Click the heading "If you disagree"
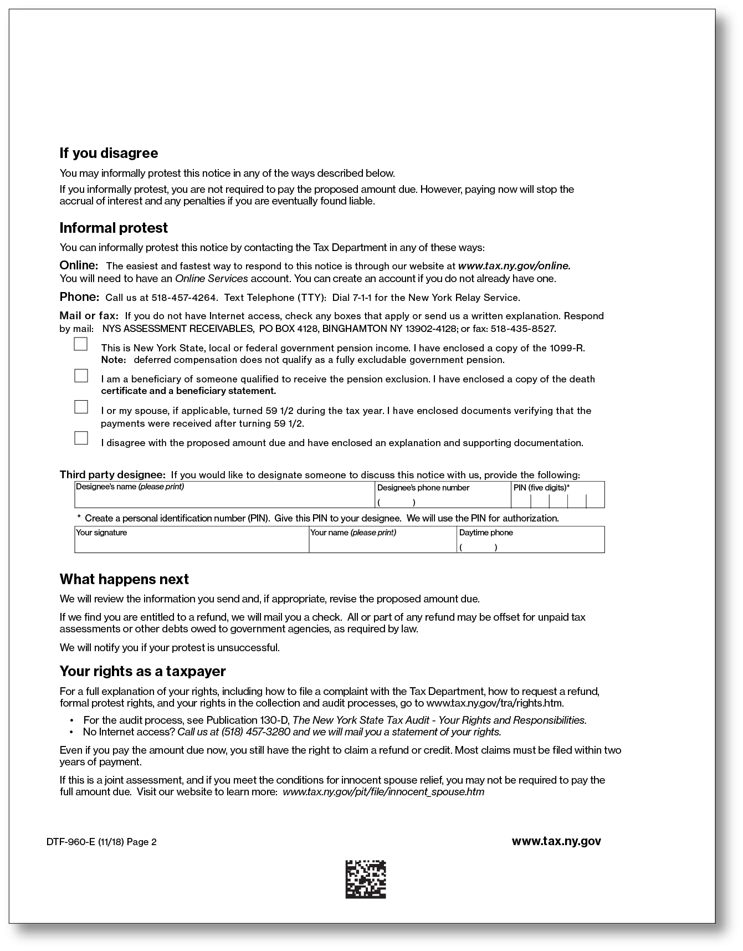point(109,153)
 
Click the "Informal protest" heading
point(114,228)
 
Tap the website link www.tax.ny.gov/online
point(514,266)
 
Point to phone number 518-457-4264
point(185,298)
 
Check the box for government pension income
point(81,344)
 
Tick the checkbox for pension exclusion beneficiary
point(81,376)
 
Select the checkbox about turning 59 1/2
point(81,407)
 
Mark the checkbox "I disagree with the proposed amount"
point(81,438)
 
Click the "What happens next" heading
point(124,579)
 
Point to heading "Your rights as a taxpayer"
point(142,671)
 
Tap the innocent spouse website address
point(383,791)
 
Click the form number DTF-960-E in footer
point(71,842)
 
